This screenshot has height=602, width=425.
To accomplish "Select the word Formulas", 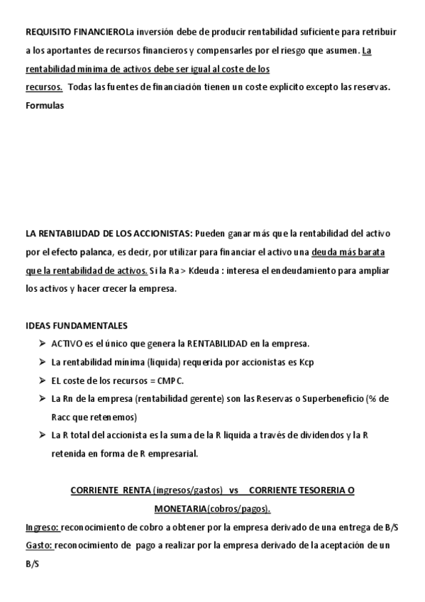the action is [45, 106].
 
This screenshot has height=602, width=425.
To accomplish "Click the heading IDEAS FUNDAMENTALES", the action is [77, 325].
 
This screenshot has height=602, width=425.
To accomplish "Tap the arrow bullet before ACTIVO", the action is [43, 344].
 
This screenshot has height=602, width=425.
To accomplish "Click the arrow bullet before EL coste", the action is [43, 380].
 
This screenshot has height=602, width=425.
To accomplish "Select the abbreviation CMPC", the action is [168, 380].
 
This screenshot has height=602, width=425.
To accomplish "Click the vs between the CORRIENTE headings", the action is [233, 491].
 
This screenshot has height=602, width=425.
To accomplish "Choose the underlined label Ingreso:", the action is [43, 527].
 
